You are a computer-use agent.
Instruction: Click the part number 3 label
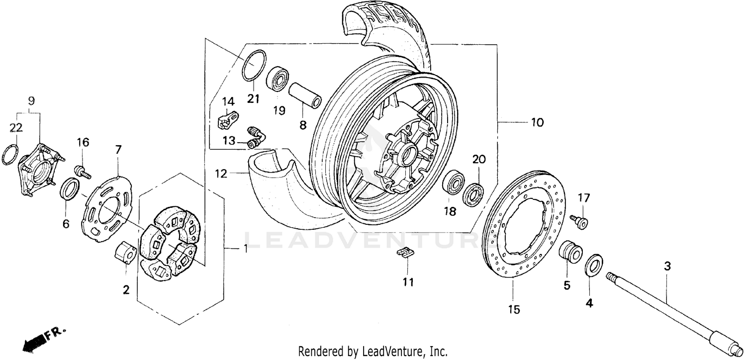click(667, 267)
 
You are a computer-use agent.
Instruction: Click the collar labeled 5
click(570, 251)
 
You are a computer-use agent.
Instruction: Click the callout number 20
click(478, 160)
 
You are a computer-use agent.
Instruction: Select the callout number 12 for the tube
click(221, 174)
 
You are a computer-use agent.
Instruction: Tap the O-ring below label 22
click(10, 155)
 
